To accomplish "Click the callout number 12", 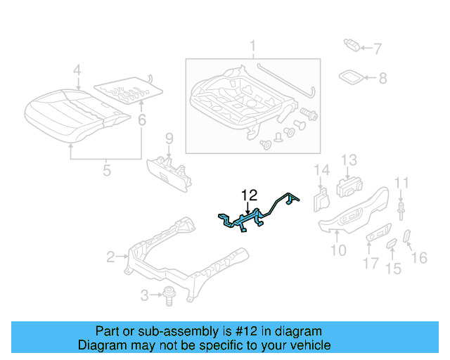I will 250,194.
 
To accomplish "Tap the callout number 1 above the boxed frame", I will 252,48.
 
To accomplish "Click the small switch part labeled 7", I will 351,46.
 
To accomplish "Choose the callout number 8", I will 382,79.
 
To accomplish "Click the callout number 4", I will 77,70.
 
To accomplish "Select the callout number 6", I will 142,120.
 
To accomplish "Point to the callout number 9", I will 169,136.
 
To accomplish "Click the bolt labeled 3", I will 169,296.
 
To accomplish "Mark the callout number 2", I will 110,257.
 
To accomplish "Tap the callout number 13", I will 349,160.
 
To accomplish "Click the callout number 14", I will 321,169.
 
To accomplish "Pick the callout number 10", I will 338,249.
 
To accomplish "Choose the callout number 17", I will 371,264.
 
